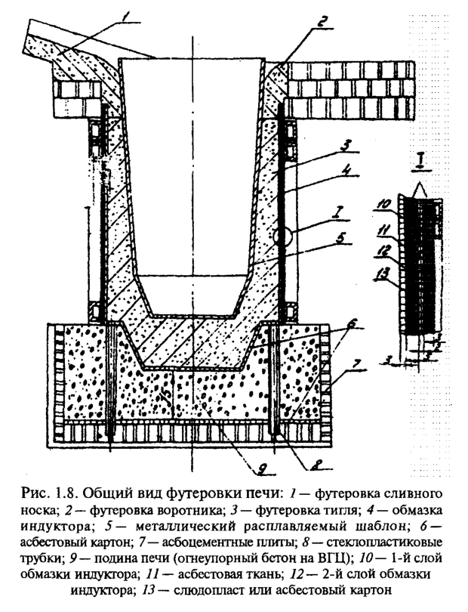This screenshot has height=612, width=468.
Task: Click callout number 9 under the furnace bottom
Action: tap(240, 473)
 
